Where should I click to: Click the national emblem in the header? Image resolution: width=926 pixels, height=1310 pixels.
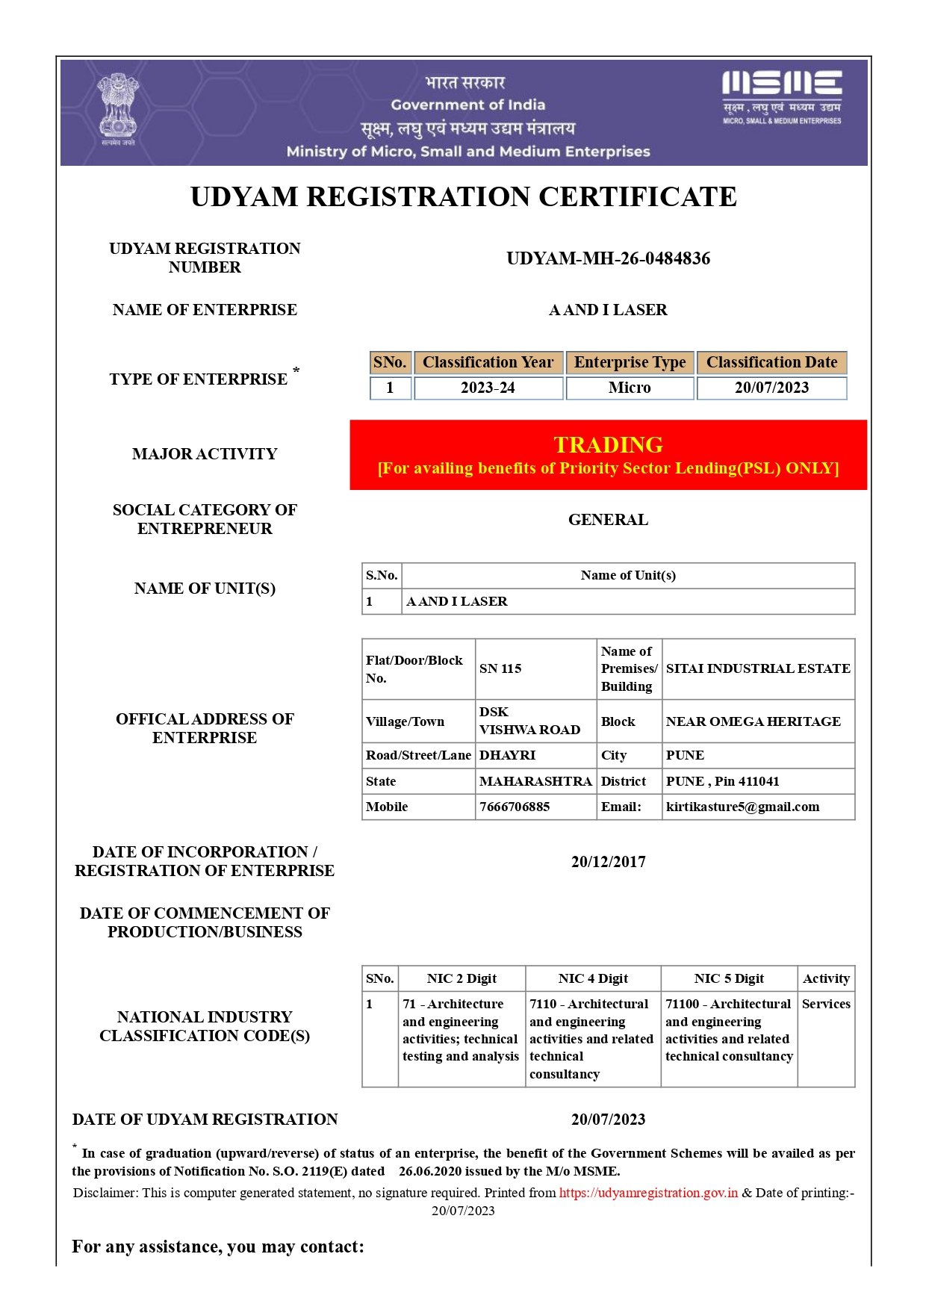coord(118,109)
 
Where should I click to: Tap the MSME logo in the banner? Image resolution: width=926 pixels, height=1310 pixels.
coord(781,96)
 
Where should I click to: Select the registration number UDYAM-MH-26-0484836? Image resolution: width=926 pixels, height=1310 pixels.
coord(608,258)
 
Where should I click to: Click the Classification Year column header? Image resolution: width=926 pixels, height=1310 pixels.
coord(488,362)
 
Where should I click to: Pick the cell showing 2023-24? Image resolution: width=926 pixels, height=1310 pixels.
coord(488,388)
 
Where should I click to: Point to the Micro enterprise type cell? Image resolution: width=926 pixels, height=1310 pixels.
coord(630,388)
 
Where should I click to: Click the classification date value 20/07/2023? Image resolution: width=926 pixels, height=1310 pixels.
coord(771,388)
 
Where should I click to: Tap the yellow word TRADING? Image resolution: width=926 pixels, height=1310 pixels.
coord(608,445)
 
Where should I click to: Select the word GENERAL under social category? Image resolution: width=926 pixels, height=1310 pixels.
coord(608,520)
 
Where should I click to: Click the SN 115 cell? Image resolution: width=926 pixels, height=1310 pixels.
coord(500,668)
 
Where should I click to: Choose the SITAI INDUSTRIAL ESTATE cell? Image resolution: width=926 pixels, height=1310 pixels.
coord(757,668)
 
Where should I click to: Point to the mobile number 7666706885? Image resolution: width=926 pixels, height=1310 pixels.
coord(515,807)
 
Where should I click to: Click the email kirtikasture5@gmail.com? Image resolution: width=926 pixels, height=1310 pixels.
coord(742,807)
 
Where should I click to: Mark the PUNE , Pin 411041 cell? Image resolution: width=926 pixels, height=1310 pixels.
coord(722,781)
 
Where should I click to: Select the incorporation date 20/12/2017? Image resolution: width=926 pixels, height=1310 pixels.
coord(608,862)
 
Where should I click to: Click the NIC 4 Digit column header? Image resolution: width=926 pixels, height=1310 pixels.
coord(593,978)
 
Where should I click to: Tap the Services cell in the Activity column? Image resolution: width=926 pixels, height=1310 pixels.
coord(826,1004)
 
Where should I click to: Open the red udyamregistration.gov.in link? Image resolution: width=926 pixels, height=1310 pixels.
coord(648,1193)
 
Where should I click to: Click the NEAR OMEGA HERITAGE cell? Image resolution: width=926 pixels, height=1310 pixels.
coord(753,721)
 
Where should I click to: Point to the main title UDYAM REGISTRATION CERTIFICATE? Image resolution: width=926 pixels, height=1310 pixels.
coord(463,196)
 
